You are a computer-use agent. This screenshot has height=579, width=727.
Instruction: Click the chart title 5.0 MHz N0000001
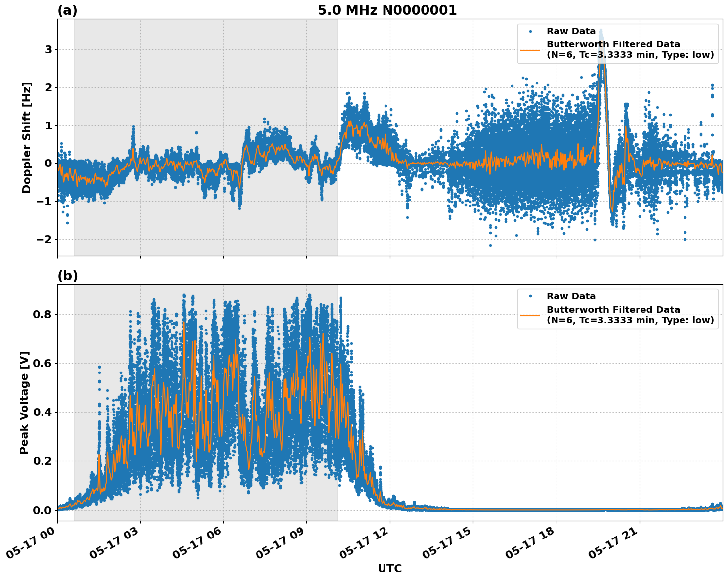coord(387,10)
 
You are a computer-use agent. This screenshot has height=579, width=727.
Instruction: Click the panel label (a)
coord(67,10)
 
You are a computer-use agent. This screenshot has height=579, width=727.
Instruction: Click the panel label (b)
coord(67,276)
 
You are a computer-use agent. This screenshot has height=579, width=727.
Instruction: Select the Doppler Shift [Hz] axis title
coord(27,137)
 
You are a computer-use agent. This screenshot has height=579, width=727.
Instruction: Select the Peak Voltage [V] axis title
coord(24,402)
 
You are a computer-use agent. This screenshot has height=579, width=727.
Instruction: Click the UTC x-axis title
coord(389,568)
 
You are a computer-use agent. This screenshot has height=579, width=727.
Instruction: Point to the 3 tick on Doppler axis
coord(48,50)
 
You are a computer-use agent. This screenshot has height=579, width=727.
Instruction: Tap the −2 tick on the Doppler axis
coord(45,240)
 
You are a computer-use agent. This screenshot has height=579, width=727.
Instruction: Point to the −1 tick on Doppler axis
coord(45,202)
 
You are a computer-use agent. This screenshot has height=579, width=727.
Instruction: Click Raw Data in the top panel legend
coord(571,31)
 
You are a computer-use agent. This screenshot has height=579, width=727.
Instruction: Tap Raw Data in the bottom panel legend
coord(571,296)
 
